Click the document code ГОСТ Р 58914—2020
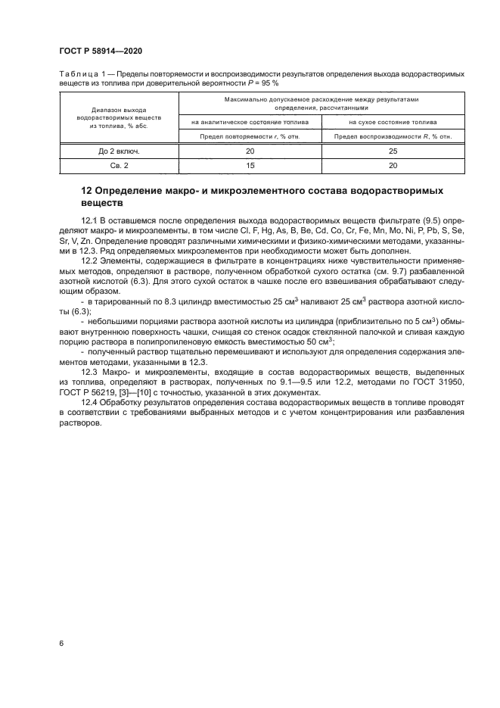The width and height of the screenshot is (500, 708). pyautogui.click(x=101, y=51)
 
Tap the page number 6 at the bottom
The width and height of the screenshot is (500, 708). pyautogui.click(x=61, y=643)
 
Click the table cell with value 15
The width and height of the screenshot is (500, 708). pyautogui.click(x=250, y=165)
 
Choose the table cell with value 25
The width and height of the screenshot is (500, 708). pyautogui.click(x=393, y=151)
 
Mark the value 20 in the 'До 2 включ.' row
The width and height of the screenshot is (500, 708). pyautogui.click(x=250, y=151)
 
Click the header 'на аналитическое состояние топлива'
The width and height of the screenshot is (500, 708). pyautogui.click(x=250, y=121)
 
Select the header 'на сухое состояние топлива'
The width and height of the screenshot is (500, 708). pyautogui.click(x=393, y=121)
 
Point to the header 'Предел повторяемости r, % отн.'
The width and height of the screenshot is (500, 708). pyautogui.click(x=250, y=136)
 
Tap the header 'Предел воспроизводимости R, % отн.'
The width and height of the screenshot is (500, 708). pyautogui.click(x=393, y=136)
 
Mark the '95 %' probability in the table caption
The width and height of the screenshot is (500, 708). pyautogui.click(x=272, y=83)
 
